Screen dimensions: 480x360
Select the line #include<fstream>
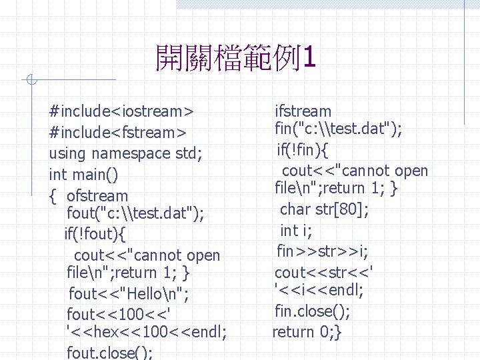pos(117,132)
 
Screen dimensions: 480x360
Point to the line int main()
pos(84,175)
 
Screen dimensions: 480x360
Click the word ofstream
pos(97,196)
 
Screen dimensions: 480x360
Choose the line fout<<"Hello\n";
pos(129,293)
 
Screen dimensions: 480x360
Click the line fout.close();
pos(111,351)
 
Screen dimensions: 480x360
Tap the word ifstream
pos(303,111)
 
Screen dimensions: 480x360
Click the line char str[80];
pos(324,210)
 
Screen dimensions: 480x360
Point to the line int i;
pos(296,231)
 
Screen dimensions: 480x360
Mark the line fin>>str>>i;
pos(323,251)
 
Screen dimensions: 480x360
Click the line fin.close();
pos(312,311)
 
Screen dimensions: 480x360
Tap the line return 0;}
pos(307,331)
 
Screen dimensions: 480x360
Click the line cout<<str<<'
pos(324,272)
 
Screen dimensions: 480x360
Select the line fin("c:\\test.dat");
pos(338,129)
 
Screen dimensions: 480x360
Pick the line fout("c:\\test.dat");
pos(136,213)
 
